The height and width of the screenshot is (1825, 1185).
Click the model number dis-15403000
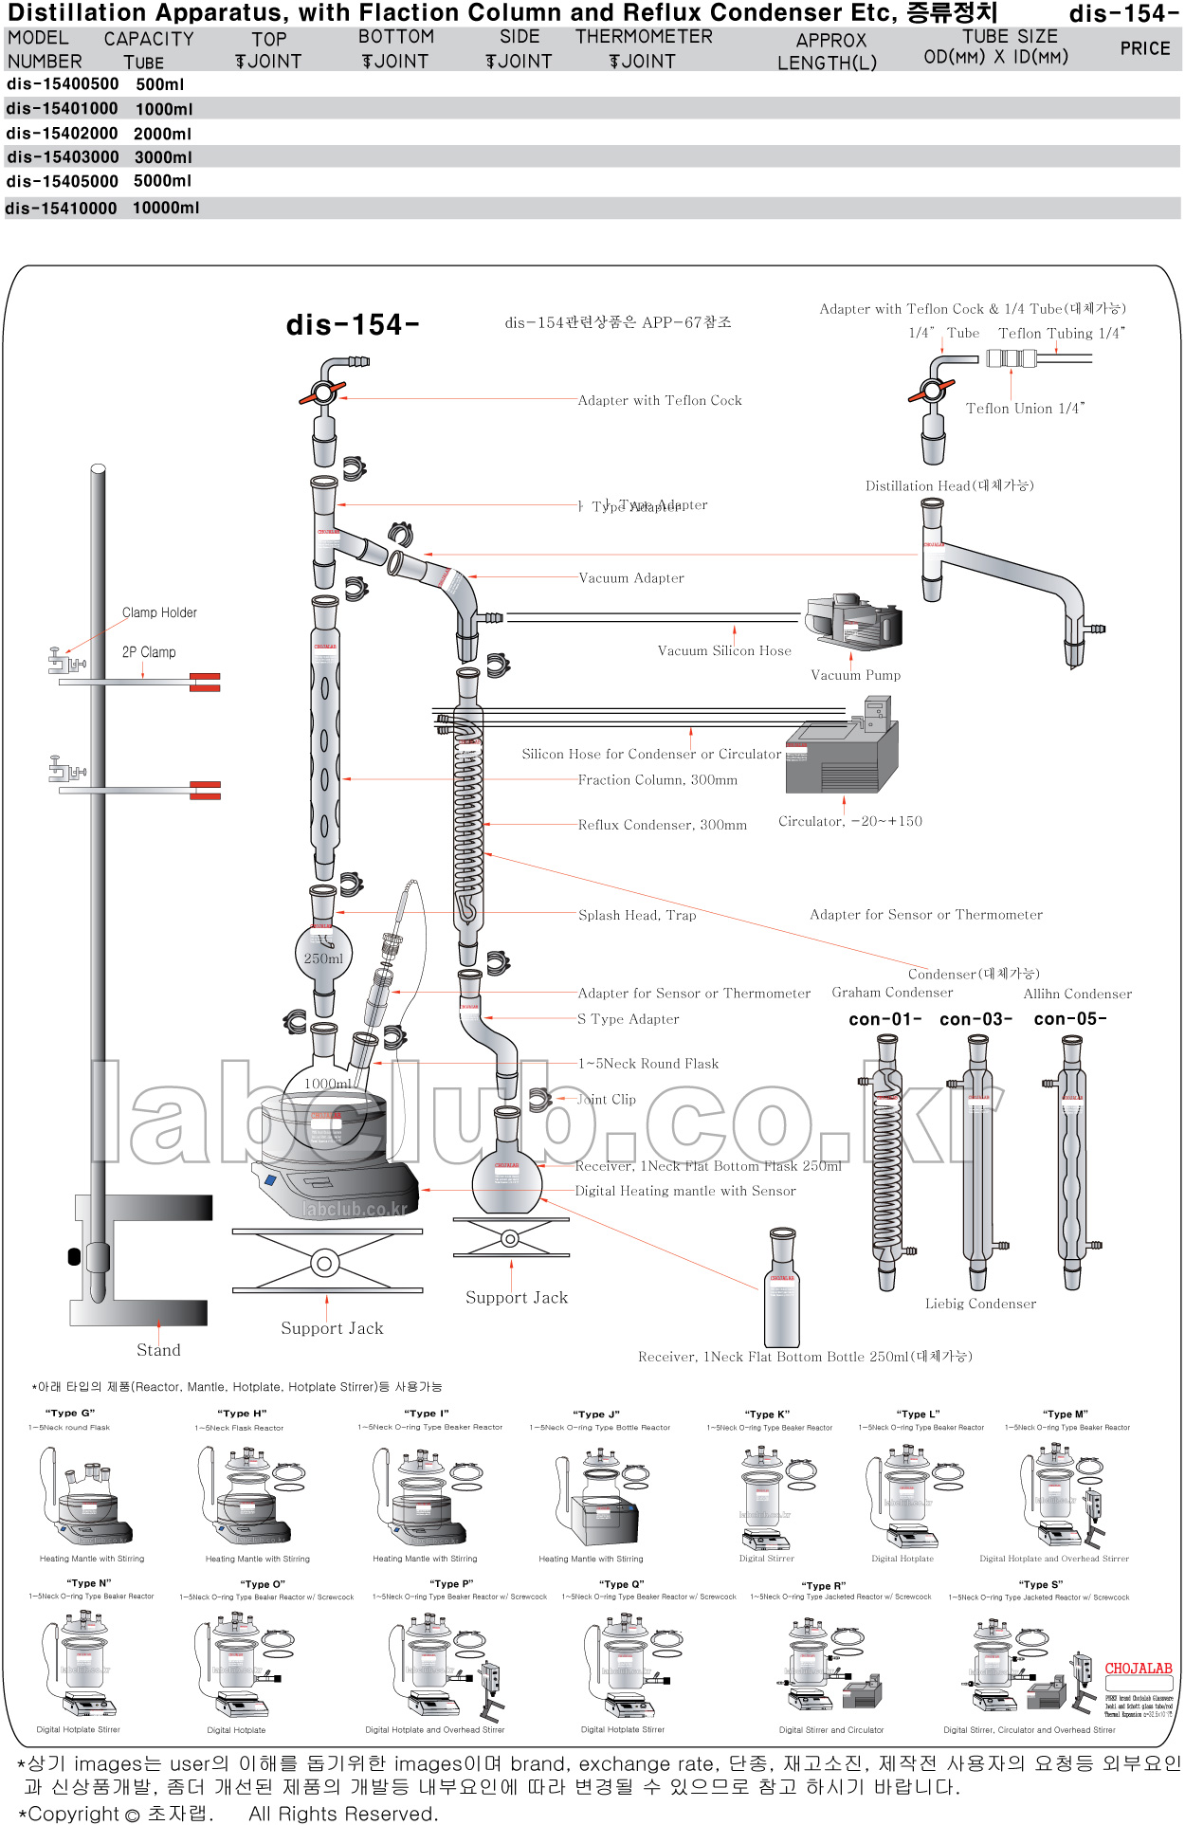pos(63,157)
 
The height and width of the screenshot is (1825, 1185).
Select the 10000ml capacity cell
pos(166,208)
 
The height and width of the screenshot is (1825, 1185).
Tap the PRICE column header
pos(1144,48)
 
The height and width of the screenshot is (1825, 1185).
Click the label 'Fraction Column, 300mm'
pos(657,780)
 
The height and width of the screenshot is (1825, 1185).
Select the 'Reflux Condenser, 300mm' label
pos(662,825)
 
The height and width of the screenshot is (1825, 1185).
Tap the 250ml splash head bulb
pos(323,954)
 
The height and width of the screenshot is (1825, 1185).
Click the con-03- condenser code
pos(975,1019)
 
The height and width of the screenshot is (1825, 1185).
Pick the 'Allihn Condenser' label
pos(1077,994)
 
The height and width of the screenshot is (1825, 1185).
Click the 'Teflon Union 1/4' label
pos(1025,409)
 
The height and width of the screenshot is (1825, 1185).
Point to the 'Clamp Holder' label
pos(159,612)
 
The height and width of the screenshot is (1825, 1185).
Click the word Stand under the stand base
pos(158,1350)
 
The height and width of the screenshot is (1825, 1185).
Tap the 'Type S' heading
pos(1040,1584)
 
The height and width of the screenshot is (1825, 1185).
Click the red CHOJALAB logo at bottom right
pos(1138,1669)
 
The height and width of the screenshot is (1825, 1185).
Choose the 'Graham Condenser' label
pos(892,993)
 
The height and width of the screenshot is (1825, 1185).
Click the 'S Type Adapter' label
pos(628,1019)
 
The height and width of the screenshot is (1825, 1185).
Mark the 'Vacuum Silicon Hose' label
pos(724,651)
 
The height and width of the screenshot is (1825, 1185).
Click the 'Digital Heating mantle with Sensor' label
pos(685,1191)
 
